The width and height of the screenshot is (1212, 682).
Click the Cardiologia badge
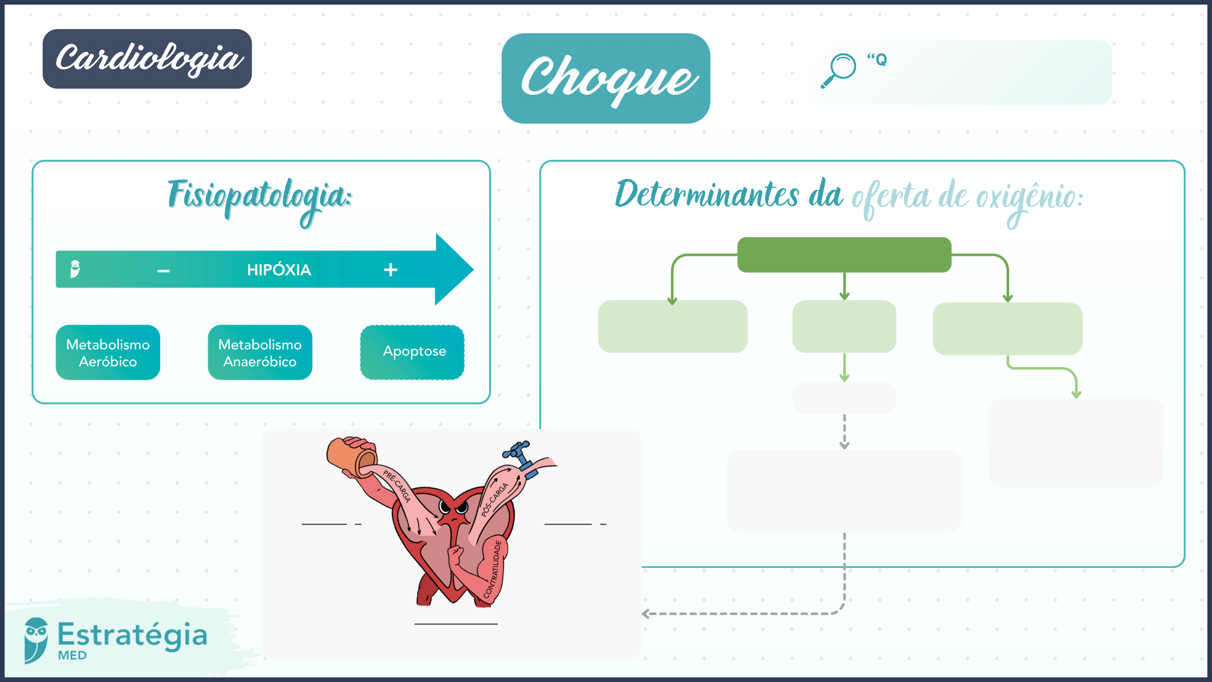147,59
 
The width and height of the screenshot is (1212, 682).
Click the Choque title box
606,78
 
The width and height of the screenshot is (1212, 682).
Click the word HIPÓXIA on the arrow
279,270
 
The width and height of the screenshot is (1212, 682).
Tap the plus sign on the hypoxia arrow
391,270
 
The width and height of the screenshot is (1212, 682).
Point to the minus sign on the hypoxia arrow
163,271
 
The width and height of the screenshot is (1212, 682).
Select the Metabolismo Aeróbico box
108,352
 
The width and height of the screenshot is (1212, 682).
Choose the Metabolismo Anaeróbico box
260,352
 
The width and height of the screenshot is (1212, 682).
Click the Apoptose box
412,352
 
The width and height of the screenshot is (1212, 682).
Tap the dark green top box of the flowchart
844,255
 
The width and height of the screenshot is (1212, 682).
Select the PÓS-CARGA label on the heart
494,499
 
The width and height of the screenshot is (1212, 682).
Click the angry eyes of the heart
453,507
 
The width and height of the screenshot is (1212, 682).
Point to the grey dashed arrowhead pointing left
646,614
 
